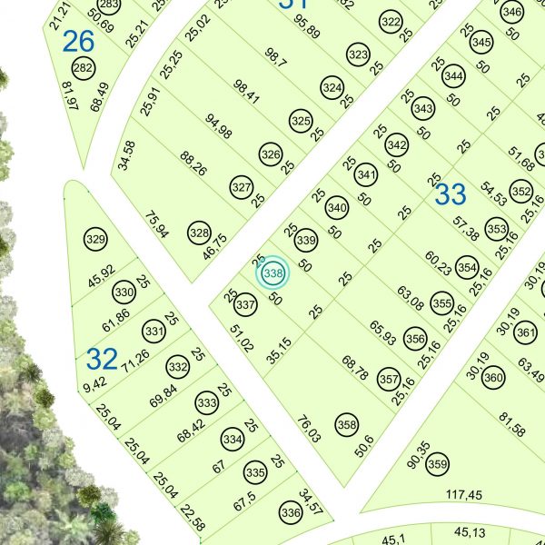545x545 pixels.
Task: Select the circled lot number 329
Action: point(95,240)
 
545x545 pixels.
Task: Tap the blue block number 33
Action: point(451,193)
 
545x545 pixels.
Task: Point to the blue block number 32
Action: point(102,358)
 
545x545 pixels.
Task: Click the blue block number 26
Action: point(79,41)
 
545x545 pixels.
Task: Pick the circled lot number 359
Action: point(438,462)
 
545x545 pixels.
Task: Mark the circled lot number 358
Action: point(346,423)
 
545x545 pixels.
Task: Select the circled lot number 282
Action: point(83,68)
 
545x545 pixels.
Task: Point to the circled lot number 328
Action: point(199,233)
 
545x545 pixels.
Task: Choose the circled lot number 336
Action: point(291,513)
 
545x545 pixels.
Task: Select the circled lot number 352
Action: point(520,192)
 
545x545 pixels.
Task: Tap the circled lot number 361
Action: point(526,332)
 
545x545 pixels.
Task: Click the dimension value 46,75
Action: point(215,247)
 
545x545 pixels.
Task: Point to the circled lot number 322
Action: point(391,22)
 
